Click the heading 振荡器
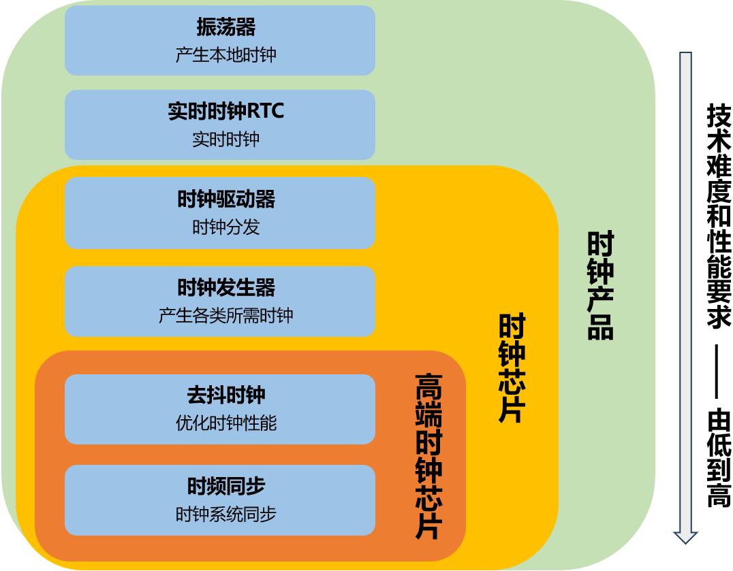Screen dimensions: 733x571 225,27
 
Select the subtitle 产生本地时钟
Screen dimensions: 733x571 225,55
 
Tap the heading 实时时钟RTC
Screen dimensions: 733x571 225,111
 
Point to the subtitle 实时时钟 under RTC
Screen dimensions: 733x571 225,139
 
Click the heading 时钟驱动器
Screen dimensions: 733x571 225,199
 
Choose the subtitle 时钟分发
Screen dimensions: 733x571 225,227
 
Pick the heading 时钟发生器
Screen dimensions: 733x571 225,287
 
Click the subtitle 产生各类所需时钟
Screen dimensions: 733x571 225,316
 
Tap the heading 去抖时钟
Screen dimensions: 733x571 225,395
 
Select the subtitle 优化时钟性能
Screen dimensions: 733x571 225,423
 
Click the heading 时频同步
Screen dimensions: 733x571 225,486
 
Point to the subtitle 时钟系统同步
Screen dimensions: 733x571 225,514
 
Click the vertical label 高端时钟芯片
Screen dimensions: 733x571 428,456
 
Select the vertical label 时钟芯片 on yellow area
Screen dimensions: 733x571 512,368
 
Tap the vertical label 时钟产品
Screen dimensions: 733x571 600,285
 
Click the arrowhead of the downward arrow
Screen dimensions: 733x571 685,537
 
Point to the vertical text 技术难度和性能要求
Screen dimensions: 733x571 719,216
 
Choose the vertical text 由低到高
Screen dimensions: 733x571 719,458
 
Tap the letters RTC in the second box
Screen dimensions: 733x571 265,111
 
